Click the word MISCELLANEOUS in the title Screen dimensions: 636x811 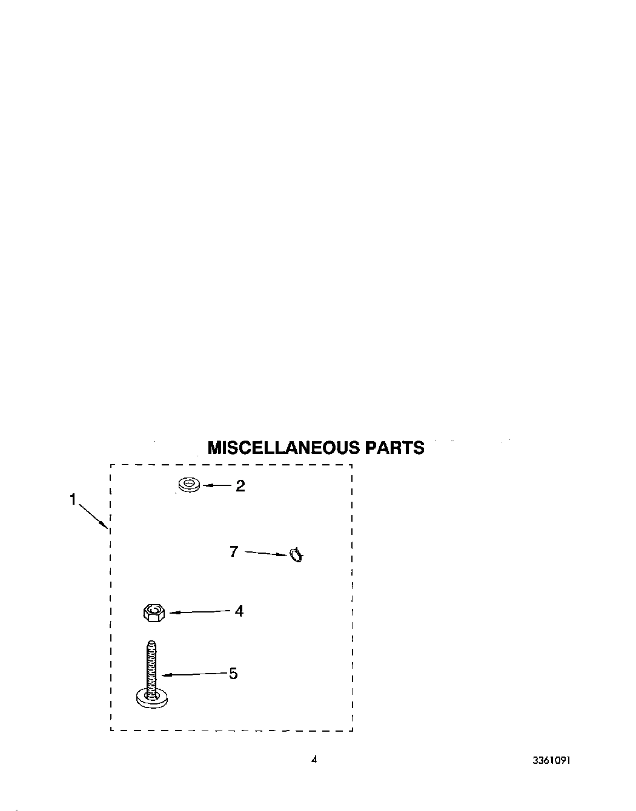click(283, 448)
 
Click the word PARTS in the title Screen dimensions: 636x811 click(394, 448)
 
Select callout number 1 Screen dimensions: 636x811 click(73, 500)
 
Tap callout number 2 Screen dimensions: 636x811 click(240, 486)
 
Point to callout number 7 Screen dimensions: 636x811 click(234, 551)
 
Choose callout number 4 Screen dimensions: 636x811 click(239, 611)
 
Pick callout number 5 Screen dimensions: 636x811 click(233, 674)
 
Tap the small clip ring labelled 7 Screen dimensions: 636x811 click(296, 554)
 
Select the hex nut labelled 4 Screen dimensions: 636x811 click(154, 612)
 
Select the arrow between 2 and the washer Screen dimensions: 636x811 click(216, 485)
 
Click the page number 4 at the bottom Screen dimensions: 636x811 click(314, 760)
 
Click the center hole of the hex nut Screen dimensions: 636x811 click(154, 611)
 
